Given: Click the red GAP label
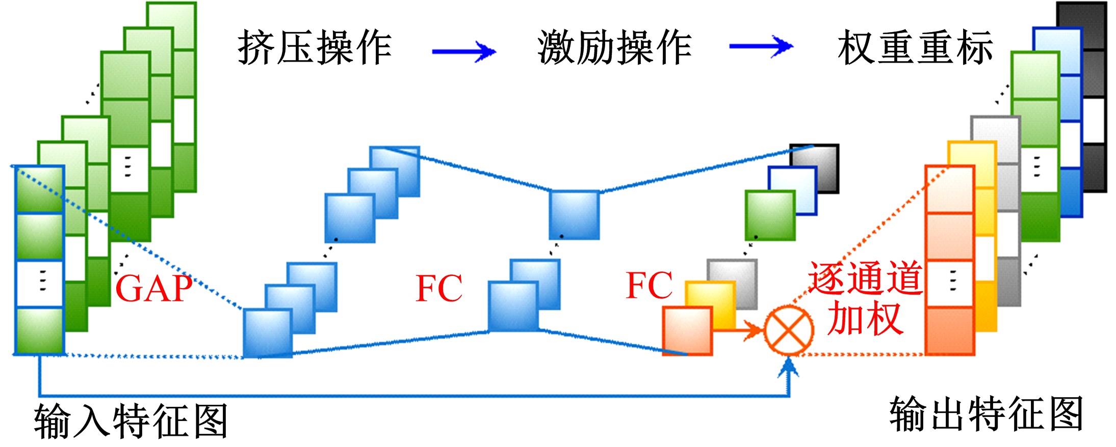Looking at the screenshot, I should [x=154, y=289].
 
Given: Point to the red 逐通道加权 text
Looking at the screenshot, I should [x=865, y=298].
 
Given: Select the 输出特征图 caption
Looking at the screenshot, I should [x=987, y=413].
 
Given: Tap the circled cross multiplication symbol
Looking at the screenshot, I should [x=788, y=330].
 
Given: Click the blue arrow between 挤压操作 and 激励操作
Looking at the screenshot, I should [x=463, y=51].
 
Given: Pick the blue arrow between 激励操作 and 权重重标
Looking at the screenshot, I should [x=761, y=47].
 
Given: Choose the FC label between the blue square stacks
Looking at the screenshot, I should [x=439, y=289].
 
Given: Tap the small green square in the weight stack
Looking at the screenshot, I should [x=770, y=215].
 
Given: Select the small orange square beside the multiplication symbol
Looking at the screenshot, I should [x=687, y=331].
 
